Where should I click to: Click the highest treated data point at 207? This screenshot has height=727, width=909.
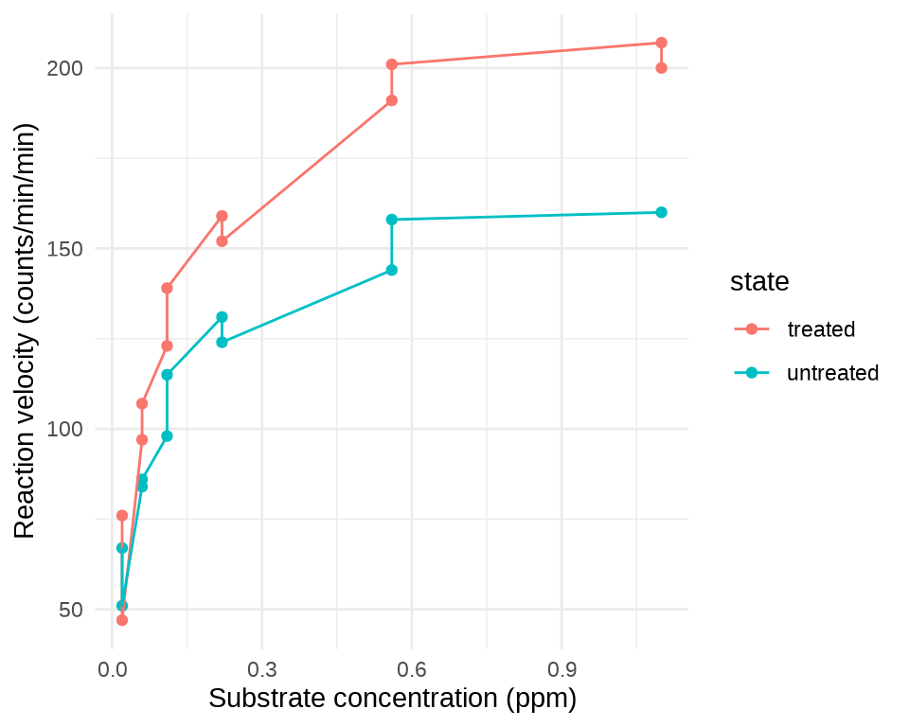661,43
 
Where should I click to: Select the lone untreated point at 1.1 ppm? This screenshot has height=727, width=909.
661,212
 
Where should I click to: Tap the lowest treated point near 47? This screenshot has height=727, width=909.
122,620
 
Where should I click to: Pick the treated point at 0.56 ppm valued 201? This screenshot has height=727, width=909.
391,64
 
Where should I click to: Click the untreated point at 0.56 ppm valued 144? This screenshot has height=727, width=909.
391,270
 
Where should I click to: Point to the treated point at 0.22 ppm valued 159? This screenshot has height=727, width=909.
222,216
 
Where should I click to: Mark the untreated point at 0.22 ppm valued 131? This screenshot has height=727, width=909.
222,317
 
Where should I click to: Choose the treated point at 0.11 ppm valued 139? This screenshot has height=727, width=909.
167,288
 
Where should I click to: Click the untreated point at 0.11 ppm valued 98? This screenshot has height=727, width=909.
167,435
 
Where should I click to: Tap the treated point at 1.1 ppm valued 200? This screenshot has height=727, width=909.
661,68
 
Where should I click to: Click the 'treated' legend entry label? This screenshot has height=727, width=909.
821,329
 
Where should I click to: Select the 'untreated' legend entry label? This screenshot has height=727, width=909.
832,373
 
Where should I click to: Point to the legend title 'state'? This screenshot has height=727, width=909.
759,281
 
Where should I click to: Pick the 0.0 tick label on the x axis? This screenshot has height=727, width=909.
112,669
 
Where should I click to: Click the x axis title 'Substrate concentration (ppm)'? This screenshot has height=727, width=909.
392,699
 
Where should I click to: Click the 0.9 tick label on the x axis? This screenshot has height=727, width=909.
561,669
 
